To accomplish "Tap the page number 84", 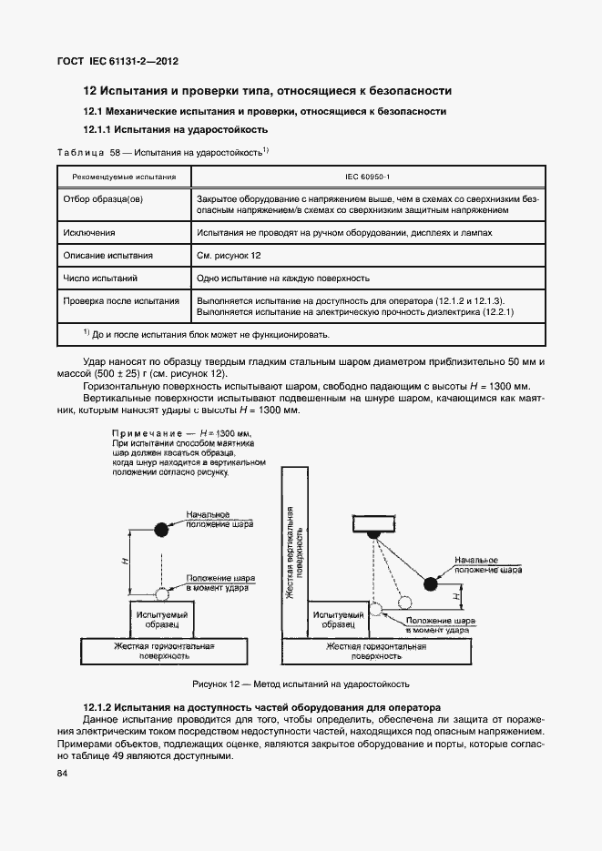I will [63, 774].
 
